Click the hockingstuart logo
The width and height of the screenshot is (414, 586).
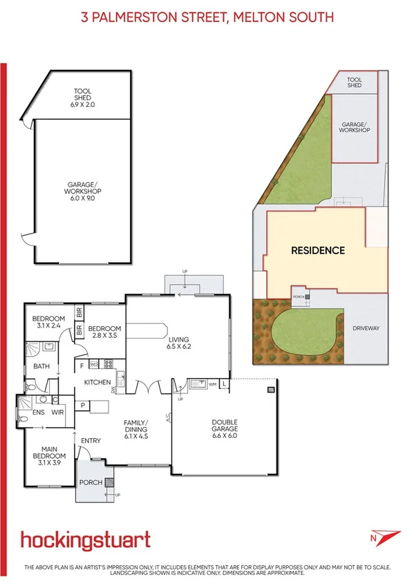point(85,540)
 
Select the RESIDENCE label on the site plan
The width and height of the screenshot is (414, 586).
point(317,250)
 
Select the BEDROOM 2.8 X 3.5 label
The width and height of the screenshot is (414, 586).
point(104,332)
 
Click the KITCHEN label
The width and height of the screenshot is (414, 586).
point(99,382)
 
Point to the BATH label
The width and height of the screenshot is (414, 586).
point(42,367)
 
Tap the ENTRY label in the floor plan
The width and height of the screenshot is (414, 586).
point(91,441)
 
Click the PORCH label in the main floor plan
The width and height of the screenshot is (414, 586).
point(90,482)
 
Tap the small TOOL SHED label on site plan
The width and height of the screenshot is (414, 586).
point(355,82)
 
